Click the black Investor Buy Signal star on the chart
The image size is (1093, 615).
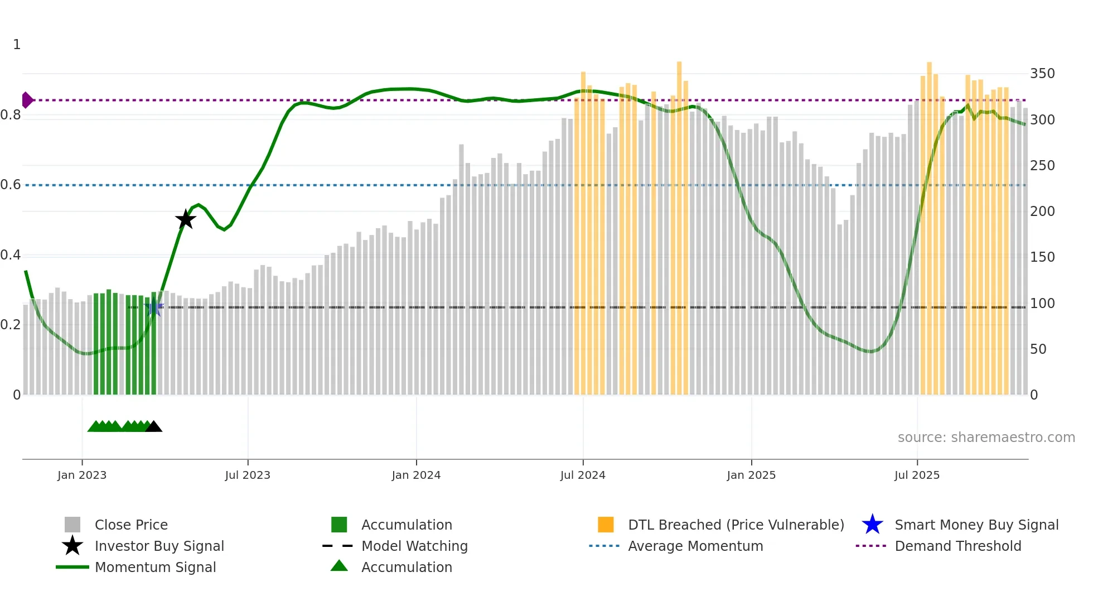point(186,219)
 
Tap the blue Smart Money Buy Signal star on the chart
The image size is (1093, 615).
point(154,307)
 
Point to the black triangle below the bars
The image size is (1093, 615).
point(153,427)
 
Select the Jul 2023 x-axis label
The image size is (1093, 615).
point(248,475)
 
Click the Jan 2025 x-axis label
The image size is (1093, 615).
point(751,475)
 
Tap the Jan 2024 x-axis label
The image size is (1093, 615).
point(416,475)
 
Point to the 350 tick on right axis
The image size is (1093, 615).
point(1042,74)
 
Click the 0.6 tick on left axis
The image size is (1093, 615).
point(11,185)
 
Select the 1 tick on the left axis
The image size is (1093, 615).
point(17,45)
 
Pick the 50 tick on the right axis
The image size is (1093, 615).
point(1038,349)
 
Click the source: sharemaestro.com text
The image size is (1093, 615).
point(986,438)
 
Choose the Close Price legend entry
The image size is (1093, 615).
point(131,525)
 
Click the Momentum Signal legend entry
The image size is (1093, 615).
point(155,568)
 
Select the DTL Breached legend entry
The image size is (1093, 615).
point(736,525)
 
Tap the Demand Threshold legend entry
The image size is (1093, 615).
point(957,546)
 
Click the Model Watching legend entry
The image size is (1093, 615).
point(414,546)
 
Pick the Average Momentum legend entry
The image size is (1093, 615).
point(695,546)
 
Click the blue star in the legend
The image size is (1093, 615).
point(872,525)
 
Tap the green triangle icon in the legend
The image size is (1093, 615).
point(339,566)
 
